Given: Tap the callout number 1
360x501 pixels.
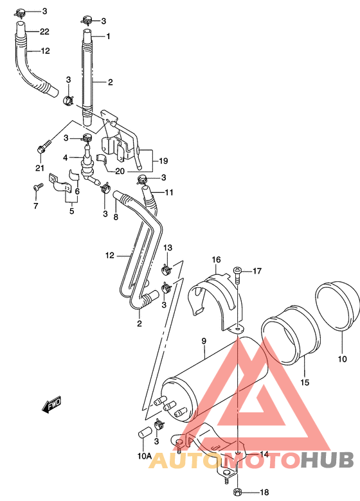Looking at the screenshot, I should coord(109,36).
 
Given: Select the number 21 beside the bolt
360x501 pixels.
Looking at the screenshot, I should coord(39,168).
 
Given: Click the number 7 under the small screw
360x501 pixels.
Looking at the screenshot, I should coord(36,206).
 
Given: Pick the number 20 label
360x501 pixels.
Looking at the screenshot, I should coord(120,171).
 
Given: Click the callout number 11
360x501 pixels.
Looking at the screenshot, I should coord(168,193).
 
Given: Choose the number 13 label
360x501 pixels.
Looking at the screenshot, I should coord(167,248).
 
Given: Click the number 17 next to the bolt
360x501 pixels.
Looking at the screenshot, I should coord(256,271).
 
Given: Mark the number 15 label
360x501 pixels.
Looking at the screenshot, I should coord(305,383).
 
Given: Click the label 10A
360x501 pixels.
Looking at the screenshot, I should coord(144,457).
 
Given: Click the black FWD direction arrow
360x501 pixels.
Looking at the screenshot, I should coord(51,405).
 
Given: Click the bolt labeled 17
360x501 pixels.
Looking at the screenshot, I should coord(239,276).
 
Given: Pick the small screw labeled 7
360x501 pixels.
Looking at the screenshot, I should coord(37,187).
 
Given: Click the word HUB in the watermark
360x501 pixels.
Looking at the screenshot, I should coord(327,461).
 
